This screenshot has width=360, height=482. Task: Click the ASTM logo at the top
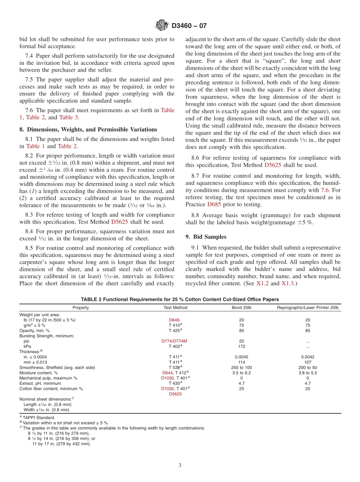162,26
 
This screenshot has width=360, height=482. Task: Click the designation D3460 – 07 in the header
189,26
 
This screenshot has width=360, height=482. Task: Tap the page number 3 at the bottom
180,466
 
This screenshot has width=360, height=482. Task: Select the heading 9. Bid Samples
206,237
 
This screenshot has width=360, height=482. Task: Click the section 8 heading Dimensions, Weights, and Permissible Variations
88,130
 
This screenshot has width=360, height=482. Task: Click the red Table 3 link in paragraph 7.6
69,117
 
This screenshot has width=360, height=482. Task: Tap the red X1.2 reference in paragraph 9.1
263,283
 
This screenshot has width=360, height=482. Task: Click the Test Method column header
175,308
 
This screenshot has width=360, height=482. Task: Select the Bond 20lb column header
241,308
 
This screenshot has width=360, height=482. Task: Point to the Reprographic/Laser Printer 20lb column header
308,308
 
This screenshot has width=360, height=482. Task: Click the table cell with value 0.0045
241,357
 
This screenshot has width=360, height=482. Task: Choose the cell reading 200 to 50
308,368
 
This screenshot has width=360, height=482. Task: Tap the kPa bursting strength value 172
241,346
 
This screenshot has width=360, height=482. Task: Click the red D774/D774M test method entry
174,341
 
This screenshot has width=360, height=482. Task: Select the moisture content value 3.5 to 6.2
241,373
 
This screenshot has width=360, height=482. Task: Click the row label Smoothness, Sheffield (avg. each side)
57,368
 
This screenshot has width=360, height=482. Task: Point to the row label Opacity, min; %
34,330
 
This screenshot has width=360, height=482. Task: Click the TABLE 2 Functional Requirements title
180,299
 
